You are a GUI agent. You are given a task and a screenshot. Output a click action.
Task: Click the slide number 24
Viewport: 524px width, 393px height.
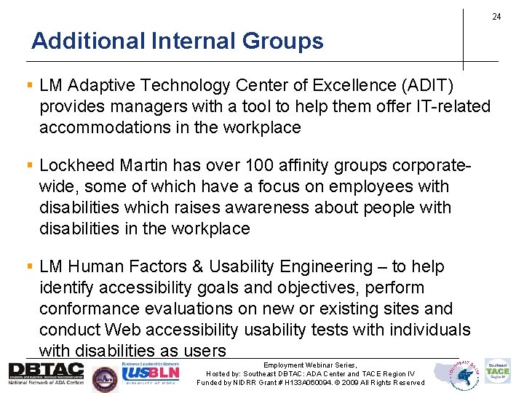(496, 17)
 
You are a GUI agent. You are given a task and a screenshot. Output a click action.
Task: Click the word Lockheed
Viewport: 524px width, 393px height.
(76, 166)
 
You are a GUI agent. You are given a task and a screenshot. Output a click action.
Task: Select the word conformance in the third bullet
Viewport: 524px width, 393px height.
(89, 309)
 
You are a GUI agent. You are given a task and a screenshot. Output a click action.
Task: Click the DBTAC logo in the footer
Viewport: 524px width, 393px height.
(46, 373)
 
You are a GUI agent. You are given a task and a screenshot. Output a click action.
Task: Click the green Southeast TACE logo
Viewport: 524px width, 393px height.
(499, 371)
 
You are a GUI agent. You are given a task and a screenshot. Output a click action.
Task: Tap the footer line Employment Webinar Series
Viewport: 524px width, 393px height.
(311, 365)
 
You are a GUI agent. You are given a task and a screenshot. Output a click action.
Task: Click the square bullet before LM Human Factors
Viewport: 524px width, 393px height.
(31, 268)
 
